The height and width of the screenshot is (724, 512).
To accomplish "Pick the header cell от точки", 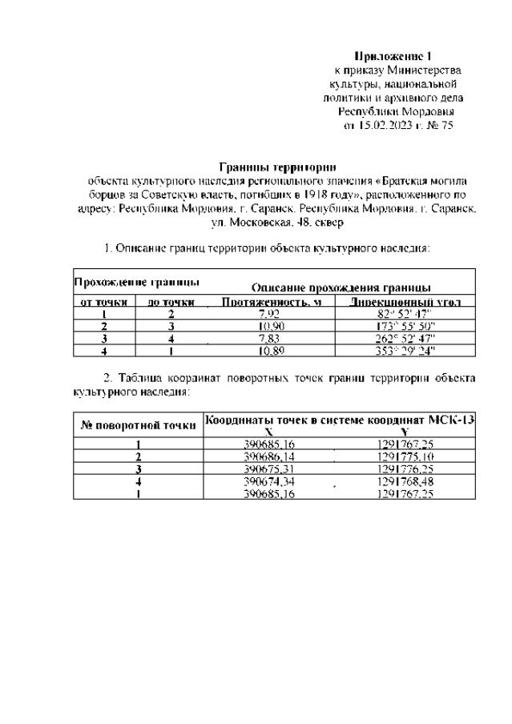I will tap(104, 302).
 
